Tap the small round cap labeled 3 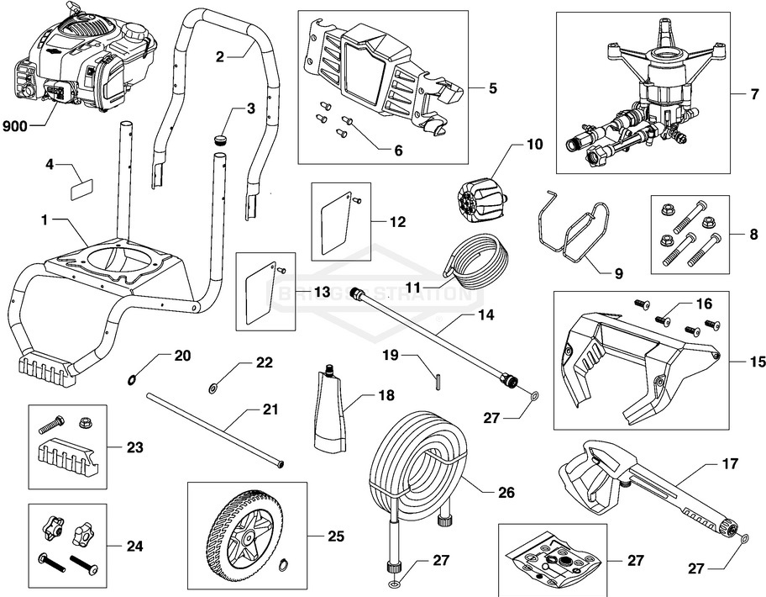point(222,138)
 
